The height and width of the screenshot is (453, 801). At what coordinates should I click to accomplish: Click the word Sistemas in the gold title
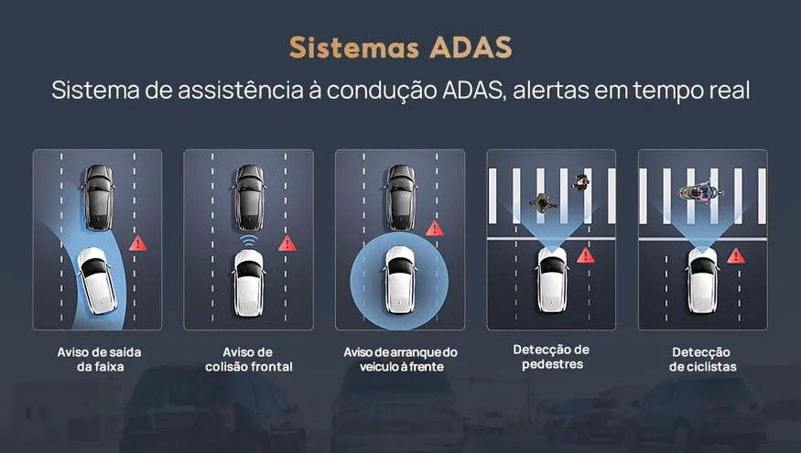pos(353,48)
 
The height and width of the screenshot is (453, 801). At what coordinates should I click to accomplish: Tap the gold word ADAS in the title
pos(471,48)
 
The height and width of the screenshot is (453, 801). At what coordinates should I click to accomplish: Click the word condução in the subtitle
pos(382,91)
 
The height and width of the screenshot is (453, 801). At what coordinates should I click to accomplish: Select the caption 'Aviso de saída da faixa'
pos(99,359)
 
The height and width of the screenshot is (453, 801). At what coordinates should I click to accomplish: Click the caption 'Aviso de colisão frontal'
pos(249,359)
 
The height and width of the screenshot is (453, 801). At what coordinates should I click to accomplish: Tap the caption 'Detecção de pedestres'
pos(552,357)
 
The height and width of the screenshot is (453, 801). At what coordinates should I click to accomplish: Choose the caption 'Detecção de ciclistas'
pos(702,359)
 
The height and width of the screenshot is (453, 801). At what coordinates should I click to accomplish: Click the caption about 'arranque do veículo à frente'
pos(401,359)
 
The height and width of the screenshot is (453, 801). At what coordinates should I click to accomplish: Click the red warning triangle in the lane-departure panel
pos(137,243)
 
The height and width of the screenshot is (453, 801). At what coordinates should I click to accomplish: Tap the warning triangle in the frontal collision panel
pos(287,243)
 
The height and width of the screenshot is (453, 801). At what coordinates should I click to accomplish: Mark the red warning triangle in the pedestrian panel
pos(586,254)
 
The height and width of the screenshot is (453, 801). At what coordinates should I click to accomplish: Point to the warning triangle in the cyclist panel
pos(736,254)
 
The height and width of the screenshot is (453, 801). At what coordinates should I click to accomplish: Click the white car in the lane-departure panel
pos(96,280)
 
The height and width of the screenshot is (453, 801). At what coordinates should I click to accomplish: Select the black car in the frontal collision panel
pos(249,197)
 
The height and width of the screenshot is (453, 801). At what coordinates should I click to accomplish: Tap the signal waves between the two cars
pos(249,241)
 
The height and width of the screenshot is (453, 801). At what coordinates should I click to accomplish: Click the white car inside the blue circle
pos(400,279)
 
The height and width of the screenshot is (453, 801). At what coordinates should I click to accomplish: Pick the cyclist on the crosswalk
pos(700,192)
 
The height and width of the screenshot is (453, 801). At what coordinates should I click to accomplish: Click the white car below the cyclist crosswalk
pos(702,280)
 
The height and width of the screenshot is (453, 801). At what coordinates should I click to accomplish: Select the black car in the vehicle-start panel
pos(401,197)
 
